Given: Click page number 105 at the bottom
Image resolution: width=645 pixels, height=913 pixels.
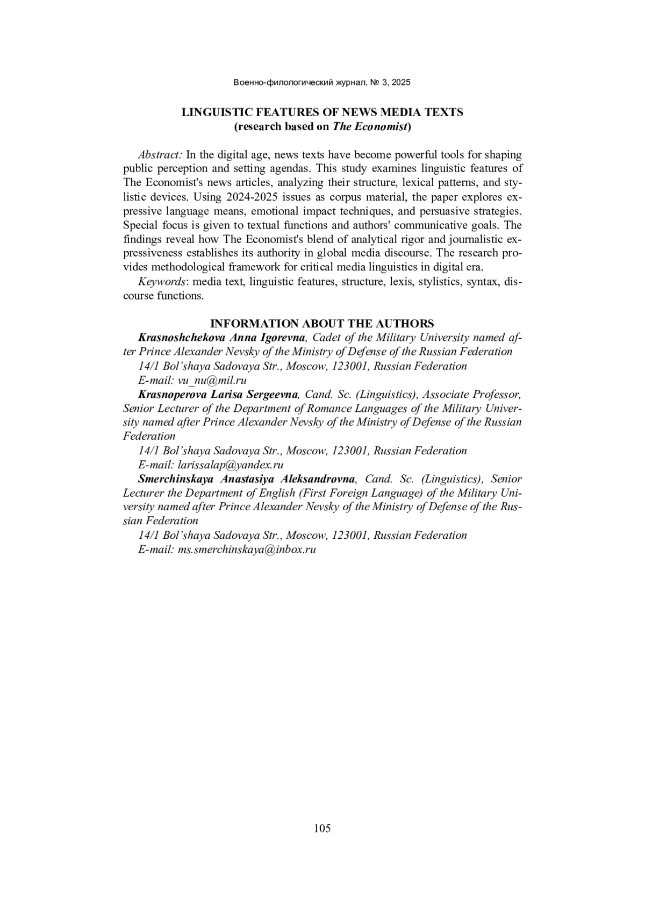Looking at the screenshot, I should [x=322, y=828].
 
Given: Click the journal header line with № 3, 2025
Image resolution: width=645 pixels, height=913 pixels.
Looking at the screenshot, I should [x=322, y=82].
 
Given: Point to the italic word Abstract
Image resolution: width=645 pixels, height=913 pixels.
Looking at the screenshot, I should [x=160, y=155].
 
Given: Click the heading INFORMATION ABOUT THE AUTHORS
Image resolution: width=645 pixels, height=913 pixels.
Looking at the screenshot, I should [x=322, y=324].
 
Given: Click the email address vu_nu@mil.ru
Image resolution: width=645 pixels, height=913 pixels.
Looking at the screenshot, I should [x=212, y=380].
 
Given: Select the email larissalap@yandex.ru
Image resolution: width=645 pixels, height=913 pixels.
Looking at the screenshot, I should [x=231, y=465].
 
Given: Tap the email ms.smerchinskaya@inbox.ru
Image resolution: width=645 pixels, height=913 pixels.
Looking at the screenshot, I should [x=247, y=550].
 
